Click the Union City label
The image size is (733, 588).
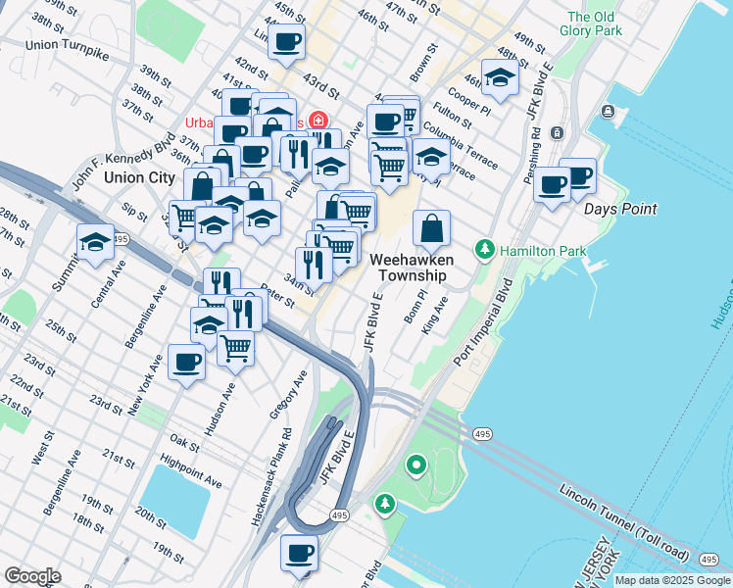[139, 177]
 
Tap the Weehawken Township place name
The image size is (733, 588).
[409, 267]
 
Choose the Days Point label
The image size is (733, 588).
[620, 209]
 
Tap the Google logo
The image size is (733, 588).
[32, 576]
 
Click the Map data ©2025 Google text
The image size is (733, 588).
[673, 580]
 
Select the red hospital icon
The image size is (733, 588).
[317, 122]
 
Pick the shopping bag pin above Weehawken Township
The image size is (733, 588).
[431, 230]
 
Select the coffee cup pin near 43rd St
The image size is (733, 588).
[286, 42]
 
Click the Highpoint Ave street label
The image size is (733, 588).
[192, 471]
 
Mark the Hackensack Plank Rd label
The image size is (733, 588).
[270, 479]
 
